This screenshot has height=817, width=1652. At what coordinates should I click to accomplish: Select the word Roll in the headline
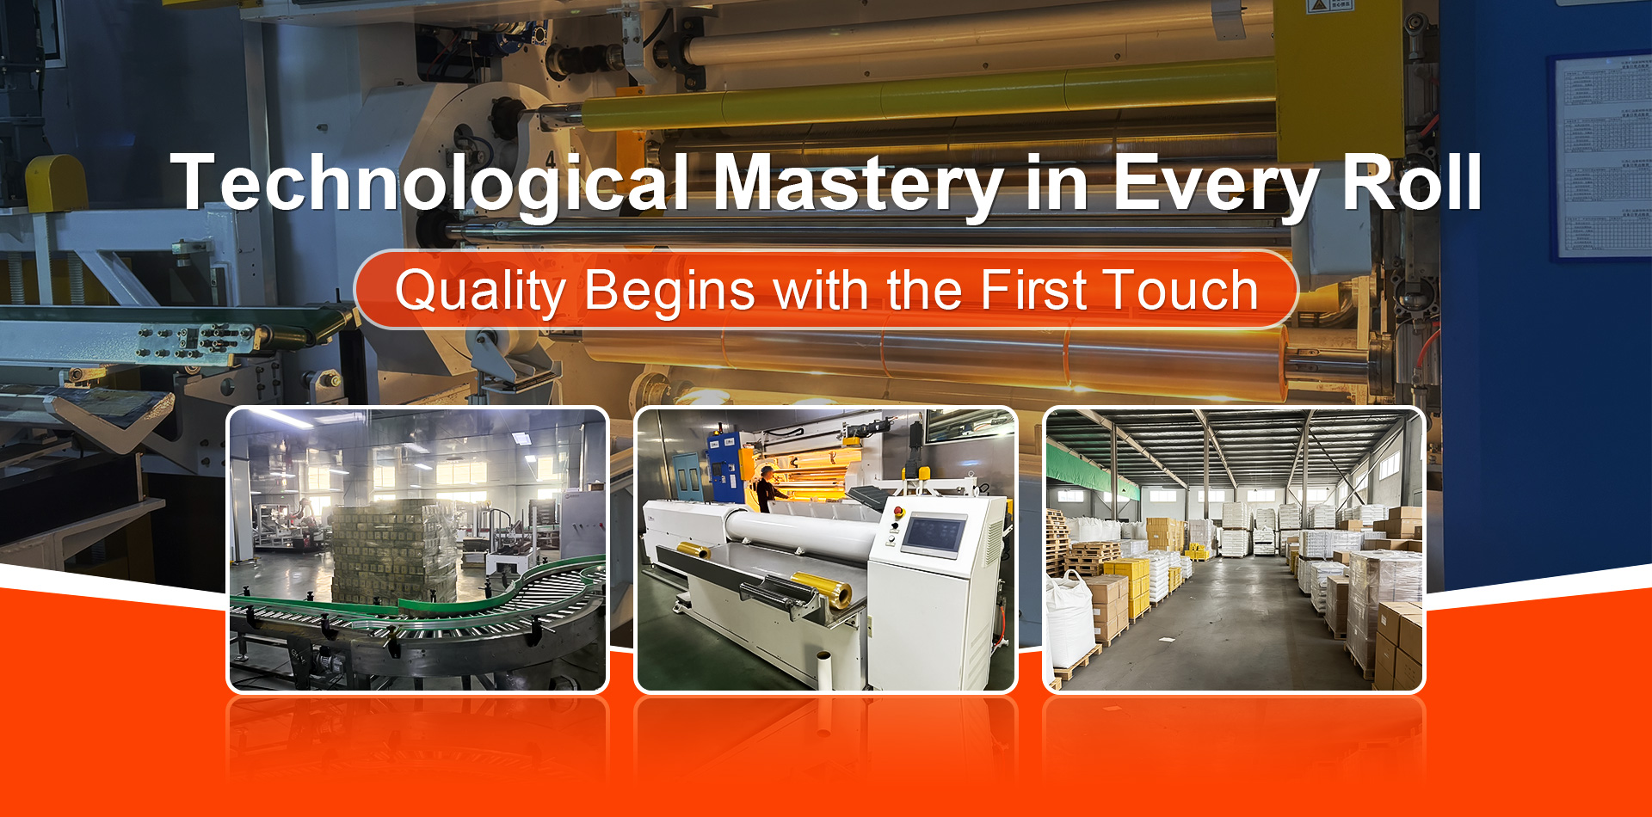tap(1411, 182)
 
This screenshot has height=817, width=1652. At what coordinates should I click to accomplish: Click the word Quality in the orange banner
tap(479, 291)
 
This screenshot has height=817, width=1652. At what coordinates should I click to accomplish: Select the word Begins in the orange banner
tap(669, 291)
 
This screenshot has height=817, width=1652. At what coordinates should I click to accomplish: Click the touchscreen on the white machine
tap(934, 535)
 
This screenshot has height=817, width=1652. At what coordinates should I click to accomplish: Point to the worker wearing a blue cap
tap(764, 487)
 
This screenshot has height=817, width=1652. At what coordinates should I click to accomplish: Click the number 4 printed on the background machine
tap(551, 160)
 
